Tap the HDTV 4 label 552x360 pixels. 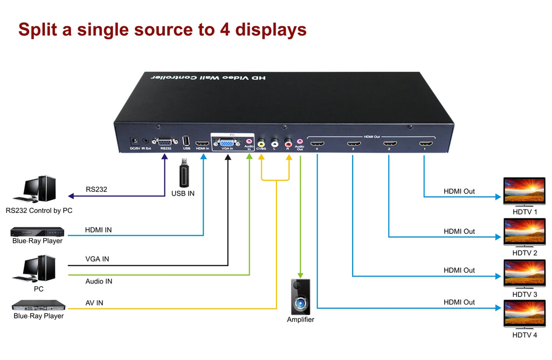[525, 335]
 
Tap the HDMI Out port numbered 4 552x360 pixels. [318, 144]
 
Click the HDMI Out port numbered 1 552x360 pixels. [425, 144]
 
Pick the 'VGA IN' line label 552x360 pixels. [97, 259]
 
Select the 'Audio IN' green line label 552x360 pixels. [99, 281]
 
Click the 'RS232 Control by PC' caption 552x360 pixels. [39, 211]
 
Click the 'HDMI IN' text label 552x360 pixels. [98, 230]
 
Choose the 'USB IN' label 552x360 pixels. [183, 193]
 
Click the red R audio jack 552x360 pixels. [288, 143]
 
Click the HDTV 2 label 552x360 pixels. [525, 253]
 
